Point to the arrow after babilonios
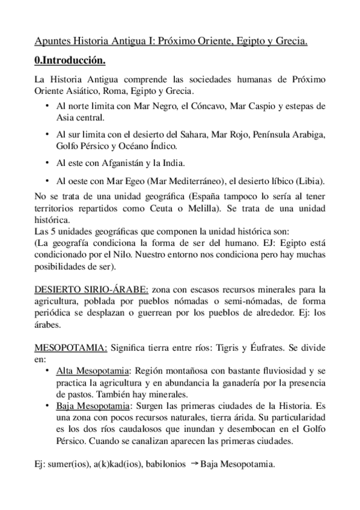tap(194, 463)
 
